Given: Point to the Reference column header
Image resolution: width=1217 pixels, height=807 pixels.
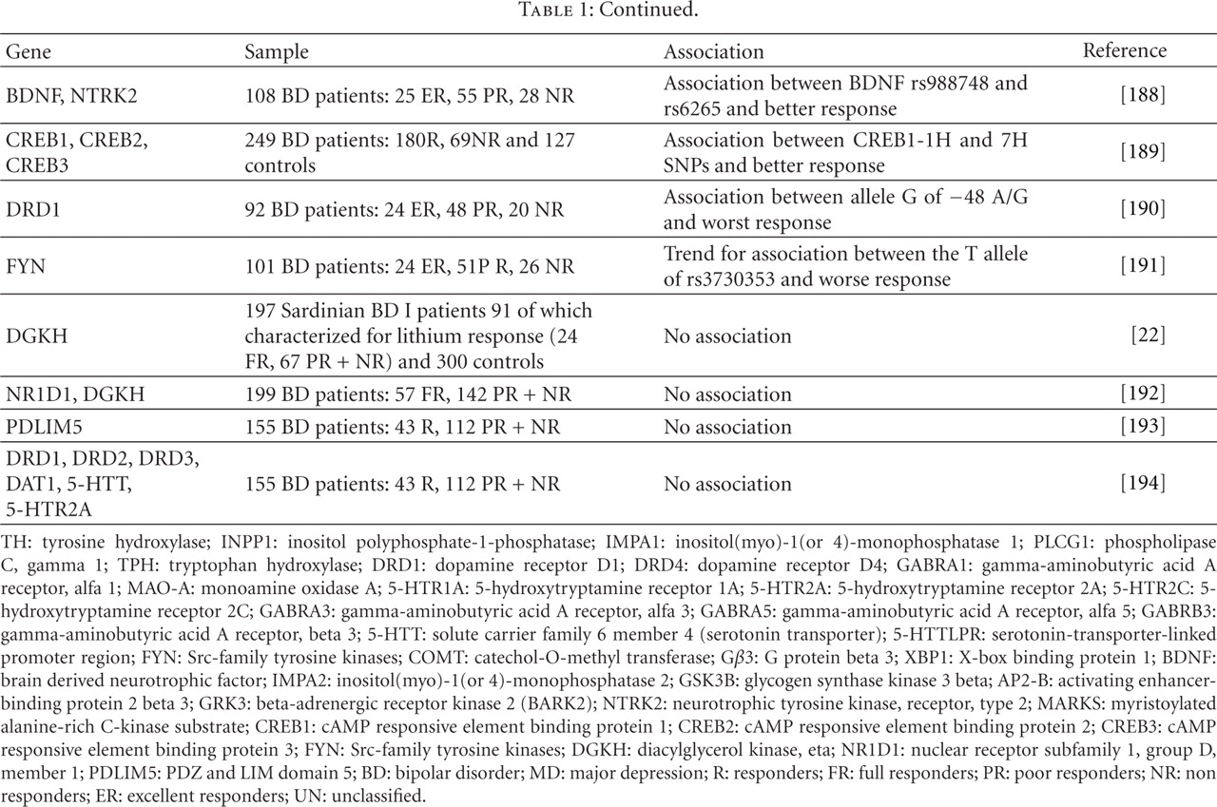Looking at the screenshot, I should click(1124, 51).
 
